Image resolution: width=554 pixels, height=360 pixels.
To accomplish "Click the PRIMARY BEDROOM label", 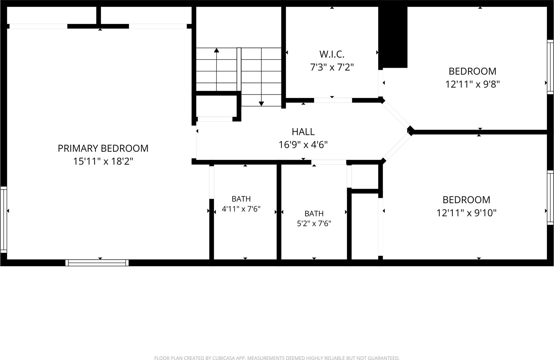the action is click(x=103, y=148).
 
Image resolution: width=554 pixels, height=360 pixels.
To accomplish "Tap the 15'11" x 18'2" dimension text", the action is click(x=103, y=161).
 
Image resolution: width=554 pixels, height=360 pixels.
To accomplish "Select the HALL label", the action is click(x=303, y=132).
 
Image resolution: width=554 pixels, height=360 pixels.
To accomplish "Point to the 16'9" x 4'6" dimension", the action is click(x=303, y=145).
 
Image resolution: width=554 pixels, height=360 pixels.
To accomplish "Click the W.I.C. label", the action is click(x=332, y=54).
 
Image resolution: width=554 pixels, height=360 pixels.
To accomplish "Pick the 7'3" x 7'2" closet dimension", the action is click(x=332, y=67).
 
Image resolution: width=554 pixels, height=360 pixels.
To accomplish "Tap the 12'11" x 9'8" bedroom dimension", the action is click(x=472, y=84).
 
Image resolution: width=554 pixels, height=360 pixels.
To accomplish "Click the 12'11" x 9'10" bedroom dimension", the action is click(x=466, y=213).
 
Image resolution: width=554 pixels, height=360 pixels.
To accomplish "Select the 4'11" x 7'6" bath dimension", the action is click(x=241, y=209).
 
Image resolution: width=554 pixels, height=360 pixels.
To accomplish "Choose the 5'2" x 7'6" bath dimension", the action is click(x=314, y=223).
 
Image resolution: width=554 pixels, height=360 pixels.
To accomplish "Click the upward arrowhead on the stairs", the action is click(x=217, y=50).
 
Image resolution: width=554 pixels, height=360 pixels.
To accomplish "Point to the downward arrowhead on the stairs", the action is click(x=261, y=104).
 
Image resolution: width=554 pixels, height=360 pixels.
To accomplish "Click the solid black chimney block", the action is click(x=393, y=37).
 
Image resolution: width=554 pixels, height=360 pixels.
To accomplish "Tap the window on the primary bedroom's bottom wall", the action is click(x=97, y=263).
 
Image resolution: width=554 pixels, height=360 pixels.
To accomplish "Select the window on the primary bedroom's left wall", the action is click(x=3, y=220).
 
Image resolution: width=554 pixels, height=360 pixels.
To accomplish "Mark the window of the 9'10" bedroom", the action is click(x=550, y=198).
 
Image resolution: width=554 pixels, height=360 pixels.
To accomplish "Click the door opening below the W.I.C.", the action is click(x=333, y=100).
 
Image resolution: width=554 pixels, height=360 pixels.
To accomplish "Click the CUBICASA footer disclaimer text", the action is click(x=277, y=358).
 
